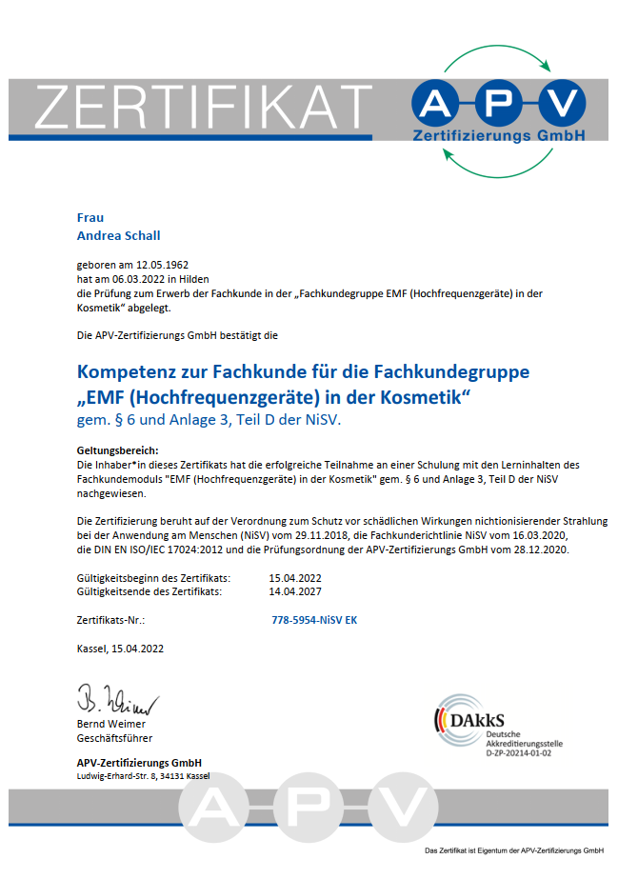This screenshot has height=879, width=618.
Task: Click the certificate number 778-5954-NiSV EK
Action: pyautogui.click(x=314, y=620)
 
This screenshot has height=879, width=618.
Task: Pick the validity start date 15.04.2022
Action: pyautogui.click(x=296, y=577)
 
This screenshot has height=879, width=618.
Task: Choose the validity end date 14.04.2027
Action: pyautogui.click(x=296, y=591)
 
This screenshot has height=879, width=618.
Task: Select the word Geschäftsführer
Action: pyautogui.click(x=114, y=737)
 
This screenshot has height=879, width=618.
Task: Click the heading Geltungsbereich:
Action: pyautogui.click(x=117, y=449)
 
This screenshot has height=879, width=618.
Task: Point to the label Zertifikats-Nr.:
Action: pyautogui.click(x=110, y=620)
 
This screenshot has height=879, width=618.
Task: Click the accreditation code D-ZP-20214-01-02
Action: pyautogui.click(x=518, y=752)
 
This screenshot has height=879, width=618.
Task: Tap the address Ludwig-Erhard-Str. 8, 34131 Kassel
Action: pyautogui.click(x=143, y=776)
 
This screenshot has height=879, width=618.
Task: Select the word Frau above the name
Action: pyautogui.click(x=90, y=217)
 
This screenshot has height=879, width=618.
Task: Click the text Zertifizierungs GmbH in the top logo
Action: pyautogui.click(x=498, y=136)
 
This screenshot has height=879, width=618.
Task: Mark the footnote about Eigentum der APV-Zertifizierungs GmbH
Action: pyautogui.click(x=514, y=850)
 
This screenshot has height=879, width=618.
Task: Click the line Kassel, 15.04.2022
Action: pyautogui.click(x=121, y=649)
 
